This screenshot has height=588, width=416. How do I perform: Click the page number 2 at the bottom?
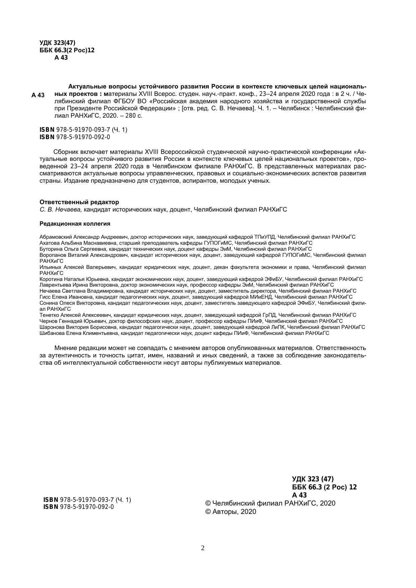click(x=202, y=548)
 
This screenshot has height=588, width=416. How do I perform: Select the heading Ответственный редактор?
click(x=79, y=202)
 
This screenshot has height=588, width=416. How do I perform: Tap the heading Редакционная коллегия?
click(x=75, y=224)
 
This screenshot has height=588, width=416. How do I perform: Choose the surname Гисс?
click(x=45, y=297)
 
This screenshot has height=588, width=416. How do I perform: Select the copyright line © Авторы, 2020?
click(x=230, y=512)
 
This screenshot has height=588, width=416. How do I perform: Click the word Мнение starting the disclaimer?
click(x=68, y=348)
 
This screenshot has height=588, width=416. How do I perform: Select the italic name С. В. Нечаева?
click(x=61, y=210)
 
